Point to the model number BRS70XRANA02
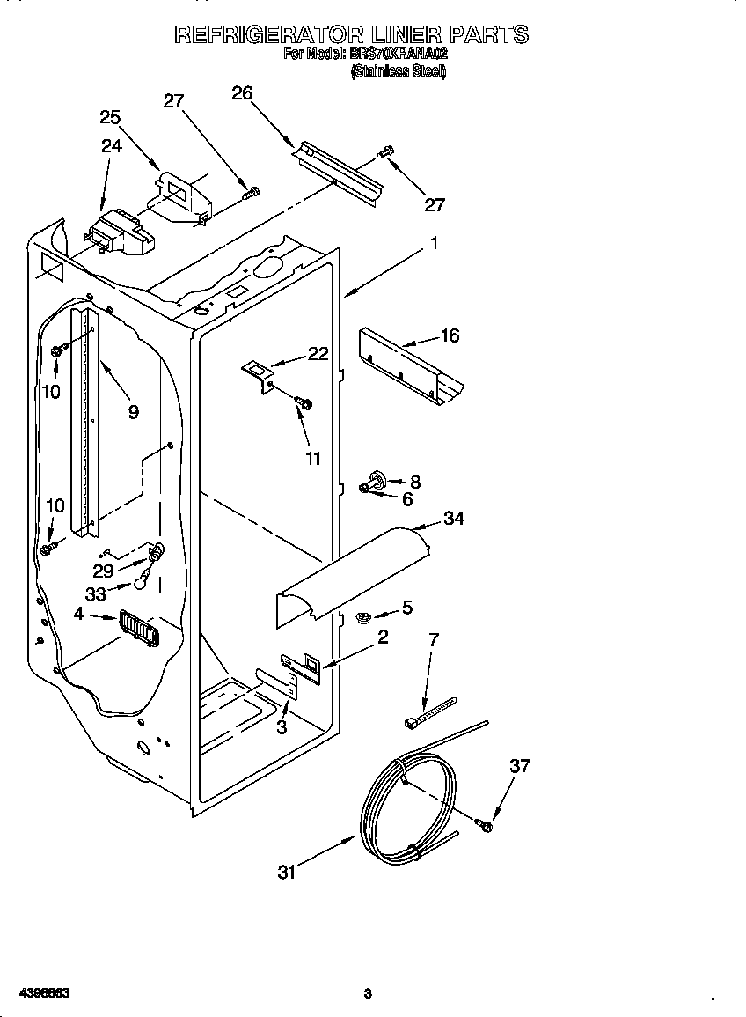(x=399, y=54)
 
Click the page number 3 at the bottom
(x=368, y=994)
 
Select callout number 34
(x=454, y=518)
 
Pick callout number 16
(x=450, y=335)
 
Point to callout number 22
(x=318, y=354)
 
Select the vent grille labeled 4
(x=137, y=629)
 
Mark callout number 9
(x=133, y=411)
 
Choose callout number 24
(x=111, y=146)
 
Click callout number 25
(x=110, y=117)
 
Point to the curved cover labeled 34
(x=352, y=577)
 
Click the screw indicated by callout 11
(x=305, y=403)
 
